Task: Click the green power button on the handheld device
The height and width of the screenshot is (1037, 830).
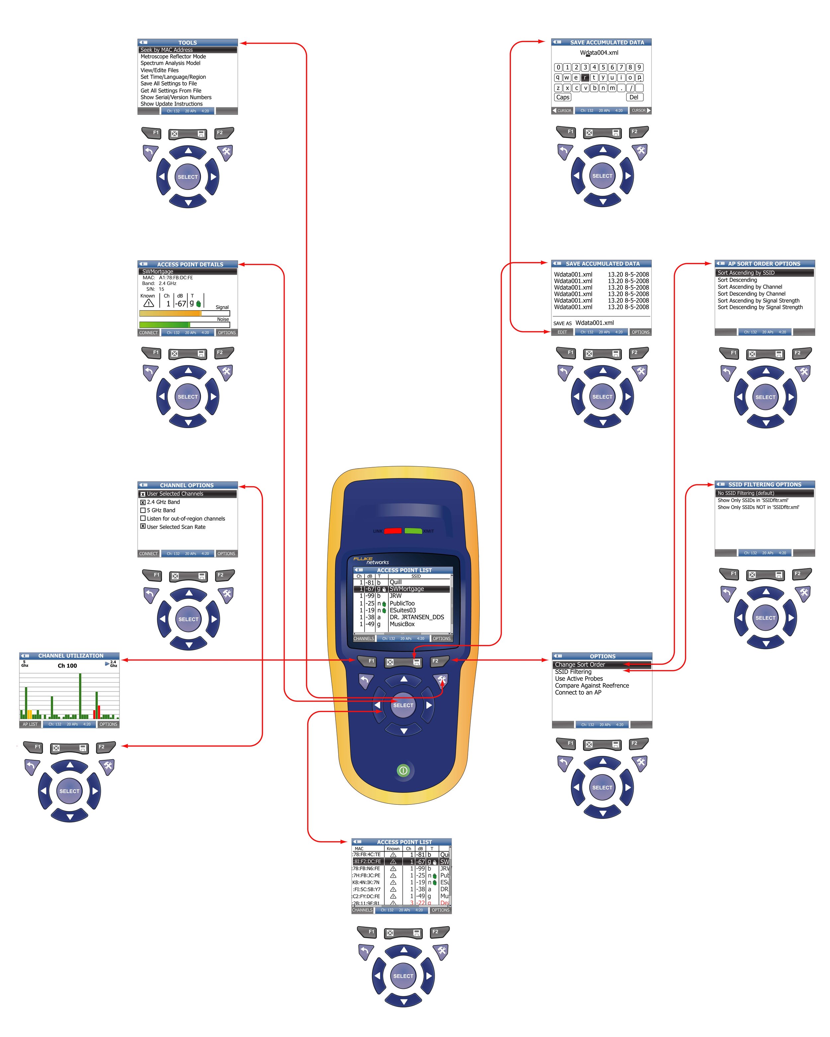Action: (403, 770)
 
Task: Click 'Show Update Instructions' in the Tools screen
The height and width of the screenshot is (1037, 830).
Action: (171, 104)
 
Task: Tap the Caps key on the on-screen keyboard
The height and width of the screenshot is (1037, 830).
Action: (562, 97)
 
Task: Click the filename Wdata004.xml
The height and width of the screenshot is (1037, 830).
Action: (599, 53)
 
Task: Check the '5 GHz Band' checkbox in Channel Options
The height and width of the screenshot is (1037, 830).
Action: (143, 510)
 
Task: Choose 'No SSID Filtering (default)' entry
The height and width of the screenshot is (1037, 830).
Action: (746, 493)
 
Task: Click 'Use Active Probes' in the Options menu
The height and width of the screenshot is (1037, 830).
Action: (579, 679)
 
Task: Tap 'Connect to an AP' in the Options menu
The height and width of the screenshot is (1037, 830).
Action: (578, 693)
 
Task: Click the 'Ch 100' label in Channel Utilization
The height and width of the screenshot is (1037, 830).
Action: (67, 666)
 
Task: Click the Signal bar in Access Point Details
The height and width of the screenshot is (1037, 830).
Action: (184, 313)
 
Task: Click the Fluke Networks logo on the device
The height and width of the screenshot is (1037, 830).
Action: (371, 560)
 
